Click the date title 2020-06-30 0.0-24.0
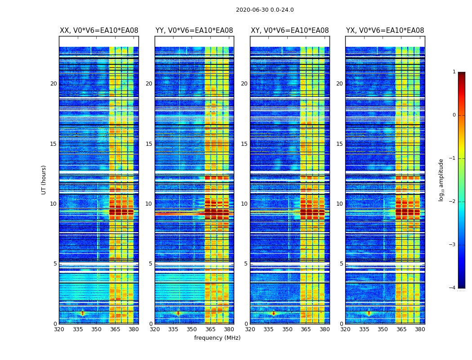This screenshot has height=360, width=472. [x=265, y=10]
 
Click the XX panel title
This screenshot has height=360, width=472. [x=99, y=31]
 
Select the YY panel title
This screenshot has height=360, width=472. [x=194, y=31]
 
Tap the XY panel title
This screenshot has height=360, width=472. [x=289, y=31]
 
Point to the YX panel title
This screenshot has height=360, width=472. [x=385, y=31]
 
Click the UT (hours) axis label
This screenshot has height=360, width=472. [x=44, y=180]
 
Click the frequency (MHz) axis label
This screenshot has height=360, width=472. [x=217, y=338]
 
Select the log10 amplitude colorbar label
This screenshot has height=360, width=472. [x=441, y=180]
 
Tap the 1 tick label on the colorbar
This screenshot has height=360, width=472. [x=454, y=72]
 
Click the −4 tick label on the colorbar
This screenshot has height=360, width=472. [x=453, y=288]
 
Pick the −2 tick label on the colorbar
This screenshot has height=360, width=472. [x=453, y=202]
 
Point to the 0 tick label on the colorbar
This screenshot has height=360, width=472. [x=454, y=115]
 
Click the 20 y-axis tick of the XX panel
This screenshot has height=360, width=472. [x=53, y=84]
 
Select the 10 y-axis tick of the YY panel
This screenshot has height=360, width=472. [x=149, y=204]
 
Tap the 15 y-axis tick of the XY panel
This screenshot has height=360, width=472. [x=244, y=144]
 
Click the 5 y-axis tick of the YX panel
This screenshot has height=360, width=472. [x=341, y=264]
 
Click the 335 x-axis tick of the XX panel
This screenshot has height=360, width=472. [x=78, y=329]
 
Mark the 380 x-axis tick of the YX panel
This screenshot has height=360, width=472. [x=420, y=329]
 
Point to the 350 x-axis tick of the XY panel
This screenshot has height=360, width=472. [x=287, y=329]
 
